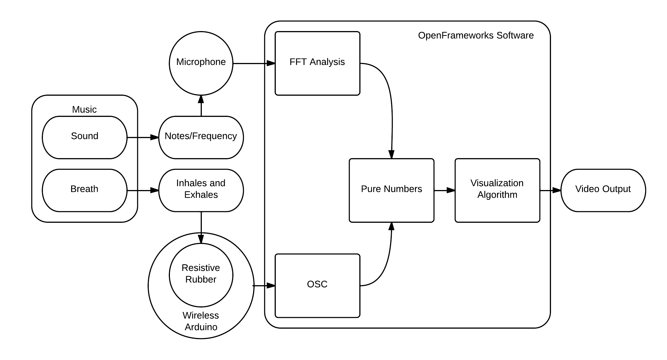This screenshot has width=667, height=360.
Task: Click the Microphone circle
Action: point(201,63)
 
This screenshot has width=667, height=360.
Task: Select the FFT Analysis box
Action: point(317,63)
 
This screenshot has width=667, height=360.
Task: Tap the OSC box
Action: point(317,286)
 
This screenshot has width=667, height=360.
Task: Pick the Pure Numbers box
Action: point(392,190)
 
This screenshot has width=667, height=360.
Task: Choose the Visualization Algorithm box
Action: point(497,190)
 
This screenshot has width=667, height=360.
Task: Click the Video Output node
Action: point(603,190)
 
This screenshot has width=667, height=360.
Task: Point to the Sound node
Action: point(85,137)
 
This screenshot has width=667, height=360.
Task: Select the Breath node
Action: point(85,190)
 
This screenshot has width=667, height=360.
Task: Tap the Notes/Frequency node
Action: point(201,137)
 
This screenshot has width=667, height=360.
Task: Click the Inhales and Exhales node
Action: point(201,190)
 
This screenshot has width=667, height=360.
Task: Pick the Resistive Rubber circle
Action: point(201,275)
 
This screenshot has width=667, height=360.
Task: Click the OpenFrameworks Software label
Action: point(476,35)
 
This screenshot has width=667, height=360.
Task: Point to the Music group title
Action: point(84,109)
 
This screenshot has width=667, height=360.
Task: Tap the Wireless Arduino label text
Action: point(201,321)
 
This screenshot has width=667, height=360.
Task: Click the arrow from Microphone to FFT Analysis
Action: point(254,63)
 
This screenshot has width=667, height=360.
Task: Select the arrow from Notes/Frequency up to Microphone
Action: point(201,106)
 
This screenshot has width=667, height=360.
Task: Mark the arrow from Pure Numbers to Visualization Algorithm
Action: point(445,190)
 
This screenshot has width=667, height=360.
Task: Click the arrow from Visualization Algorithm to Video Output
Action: point(550,190)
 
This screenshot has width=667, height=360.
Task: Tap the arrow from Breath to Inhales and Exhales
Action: point(143,190)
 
